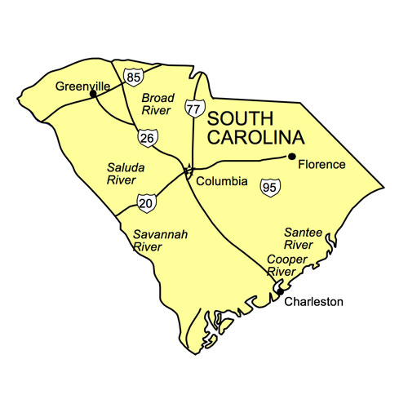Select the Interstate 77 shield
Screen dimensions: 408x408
[x=193, y=109]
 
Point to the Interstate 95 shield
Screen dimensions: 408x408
[x=268, y=188]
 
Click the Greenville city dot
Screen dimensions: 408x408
[x=93, y=94]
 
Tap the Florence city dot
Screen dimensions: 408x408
[x=291, y=156]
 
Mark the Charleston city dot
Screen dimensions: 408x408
[x=279, y=290]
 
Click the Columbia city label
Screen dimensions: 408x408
[x=222, y=181]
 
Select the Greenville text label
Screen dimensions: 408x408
[x=82, y=85]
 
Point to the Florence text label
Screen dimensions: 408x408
[x=322, y=165]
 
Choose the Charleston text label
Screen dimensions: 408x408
[x=314, y=302]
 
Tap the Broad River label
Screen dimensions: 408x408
[x=158, y=104]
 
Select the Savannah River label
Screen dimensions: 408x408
[x=160, y=241]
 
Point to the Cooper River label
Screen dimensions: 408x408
[x=286, y=265]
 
